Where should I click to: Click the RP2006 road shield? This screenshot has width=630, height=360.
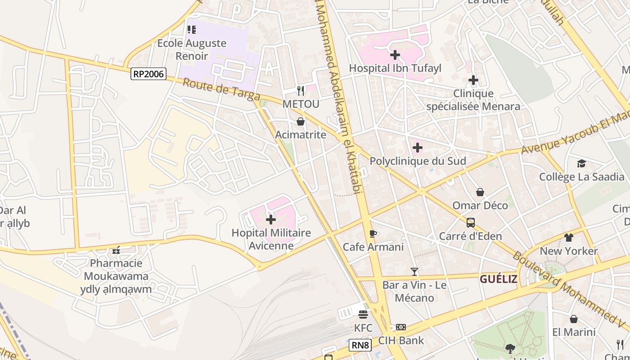[148, 74]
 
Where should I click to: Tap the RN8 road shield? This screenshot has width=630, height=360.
[360, 346]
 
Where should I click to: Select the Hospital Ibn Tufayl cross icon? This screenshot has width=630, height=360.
[395, 55]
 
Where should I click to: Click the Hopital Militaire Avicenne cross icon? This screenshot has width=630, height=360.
[271, 220]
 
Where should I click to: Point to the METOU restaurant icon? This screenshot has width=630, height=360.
[301, 91]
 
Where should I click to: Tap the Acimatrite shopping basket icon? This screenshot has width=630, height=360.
[301, 121]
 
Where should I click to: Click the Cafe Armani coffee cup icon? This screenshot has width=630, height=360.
[373, 234]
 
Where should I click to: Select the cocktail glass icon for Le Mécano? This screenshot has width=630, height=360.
[414, 272]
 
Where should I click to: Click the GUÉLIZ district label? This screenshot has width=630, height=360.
[498, 279]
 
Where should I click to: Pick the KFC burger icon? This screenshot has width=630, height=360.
[363, 315]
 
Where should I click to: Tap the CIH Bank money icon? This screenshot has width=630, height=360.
[401, 327]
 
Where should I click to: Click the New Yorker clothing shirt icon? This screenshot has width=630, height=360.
[569, 238]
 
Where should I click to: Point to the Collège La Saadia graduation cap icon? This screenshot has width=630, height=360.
[582, 163]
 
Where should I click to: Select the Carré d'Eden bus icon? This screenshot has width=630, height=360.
[470, 223]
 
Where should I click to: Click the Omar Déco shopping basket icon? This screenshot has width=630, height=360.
[480, 192]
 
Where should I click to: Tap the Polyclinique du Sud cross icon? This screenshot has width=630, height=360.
[418, 148]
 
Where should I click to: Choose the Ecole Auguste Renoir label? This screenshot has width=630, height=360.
[192, 49]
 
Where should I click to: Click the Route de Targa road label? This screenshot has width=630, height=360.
[221, 90]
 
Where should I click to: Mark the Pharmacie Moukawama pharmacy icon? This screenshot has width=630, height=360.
[116, 250]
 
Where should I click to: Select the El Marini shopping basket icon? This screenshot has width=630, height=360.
[574, 319]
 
